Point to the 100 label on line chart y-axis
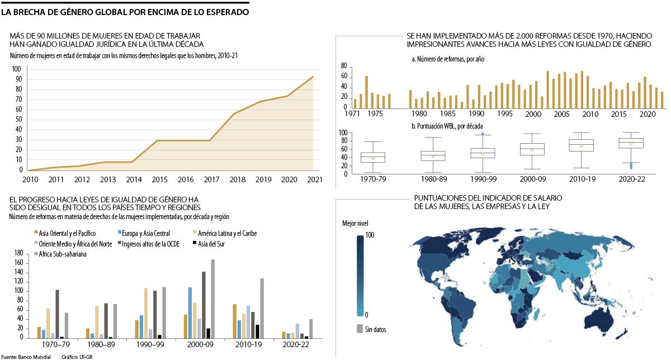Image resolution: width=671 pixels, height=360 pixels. coord(16,69)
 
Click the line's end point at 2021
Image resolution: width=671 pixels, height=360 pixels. coord(313,77)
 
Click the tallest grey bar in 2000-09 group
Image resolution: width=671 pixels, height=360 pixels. coord(212,299)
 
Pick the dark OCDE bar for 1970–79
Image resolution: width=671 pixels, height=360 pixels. coord(57,314)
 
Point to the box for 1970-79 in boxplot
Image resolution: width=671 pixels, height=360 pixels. coord(372,157)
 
